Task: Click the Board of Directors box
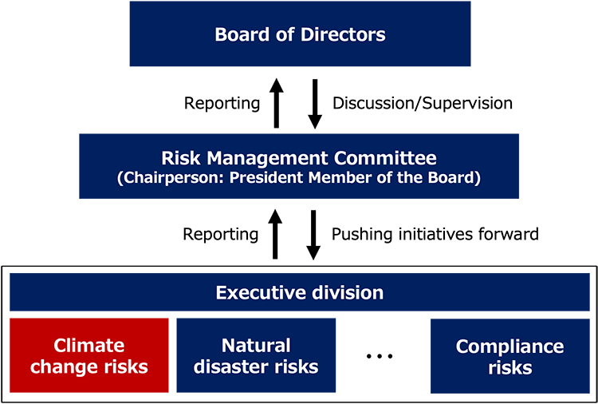[x=300, y=34]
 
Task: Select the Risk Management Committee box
[x=299, y=166]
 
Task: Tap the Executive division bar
[x=299, y=292]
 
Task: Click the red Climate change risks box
[x=89, y=356]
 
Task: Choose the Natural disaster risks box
[x=255, y=356]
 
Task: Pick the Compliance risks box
[x=509, y=356]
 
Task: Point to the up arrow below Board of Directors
[x=276, y=103]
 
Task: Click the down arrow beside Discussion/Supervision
[x=315, y=103]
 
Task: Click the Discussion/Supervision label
[x=422, y=103]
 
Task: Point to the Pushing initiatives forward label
[x=435, y=234]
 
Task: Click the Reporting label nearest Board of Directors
[x=222, y=103]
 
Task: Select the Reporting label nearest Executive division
[x=221, y=234]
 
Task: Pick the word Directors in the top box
[x=344, y=34]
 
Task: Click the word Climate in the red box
[x=89, y=346]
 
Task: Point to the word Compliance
[x=509, y=347]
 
